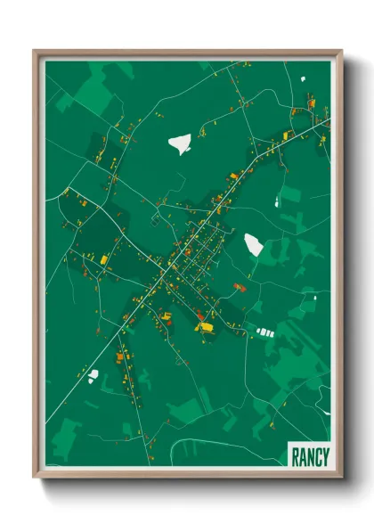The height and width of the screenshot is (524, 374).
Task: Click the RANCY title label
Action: [x=309, y=457]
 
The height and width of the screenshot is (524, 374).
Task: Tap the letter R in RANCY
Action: [x=295, y=457]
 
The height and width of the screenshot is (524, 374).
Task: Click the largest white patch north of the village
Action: [x=180, y=143]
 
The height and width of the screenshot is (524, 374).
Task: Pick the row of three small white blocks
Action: [x=264, y=332]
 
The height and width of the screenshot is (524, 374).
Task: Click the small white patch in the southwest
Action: [x=93, y=375]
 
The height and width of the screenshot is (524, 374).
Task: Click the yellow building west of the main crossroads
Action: [x=104, y=259]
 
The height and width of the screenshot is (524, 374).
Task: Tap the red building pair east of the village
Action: [x=239, y=287]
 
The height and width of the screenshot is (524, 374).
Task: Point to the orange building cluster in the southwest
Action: [x=119, y=356]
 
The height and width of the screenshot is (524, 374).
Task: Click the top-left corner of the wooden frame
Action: [x=35, y=51]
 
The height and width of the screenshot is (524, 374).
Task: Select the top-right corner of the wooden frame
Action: [x=340, y=51]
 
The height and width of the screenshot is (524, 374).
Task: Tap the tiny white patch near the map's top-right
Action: [x=303, y=79]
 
